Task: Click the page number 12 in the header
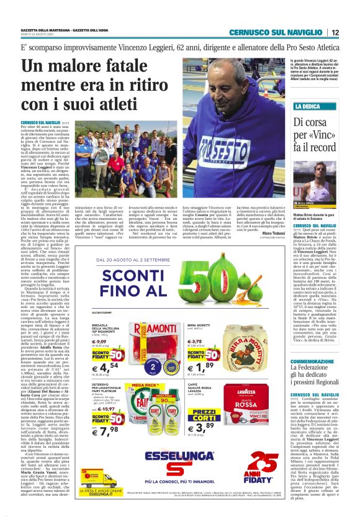click(x=335, y=32)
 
